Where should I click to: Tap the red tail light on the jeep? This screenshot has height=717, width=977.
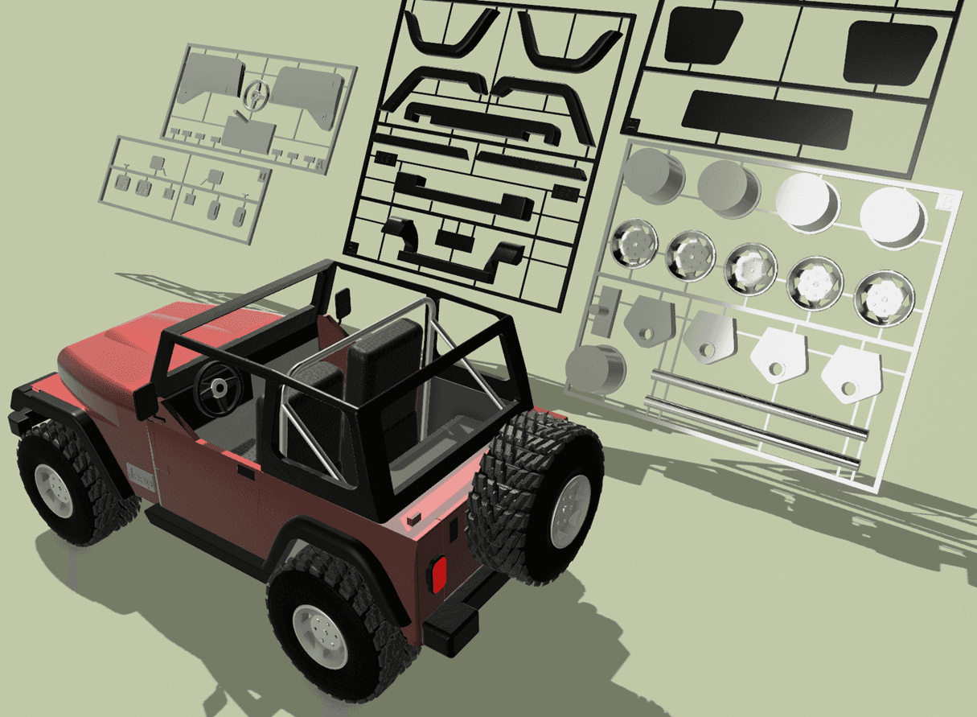click(x=438, y=573)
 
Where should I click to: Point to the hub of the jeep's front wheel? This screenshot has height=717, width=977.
click(x=55, y=488)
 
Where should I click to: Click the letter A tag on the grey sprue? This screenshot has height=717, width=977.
click(x=320, y=165)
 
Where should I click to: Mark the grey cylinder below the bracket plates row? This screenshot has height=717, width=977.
click(x=595, y=369)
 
